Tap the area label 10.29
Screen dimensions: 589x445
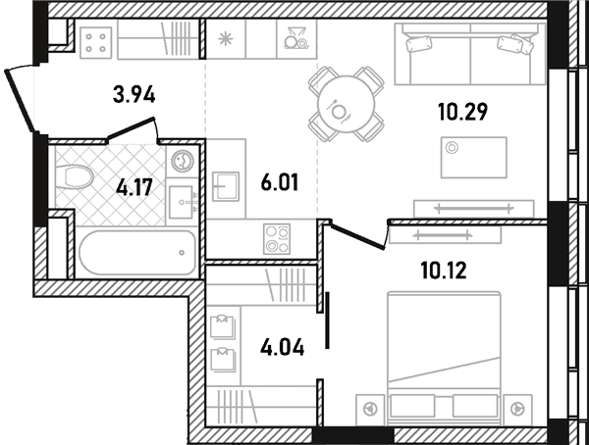(x=462, y=112)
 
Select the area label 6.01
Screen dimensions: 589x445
(x=280, y=182)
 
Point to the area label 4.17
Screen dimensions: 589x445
(x=134, y=187)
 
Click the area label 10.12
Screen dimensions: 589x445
(x=444, y=271)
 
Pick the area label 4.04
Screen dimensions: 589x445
(x=282, y=347)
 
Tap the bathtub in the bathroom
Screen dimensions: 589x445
(x=137, y=253)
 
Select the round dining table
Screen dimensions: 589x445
(x=346, y=104)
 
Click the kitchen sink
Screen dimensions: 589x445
(x=226, y=186)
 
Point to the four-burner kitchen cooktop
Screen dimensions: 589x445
(x=277, y=238)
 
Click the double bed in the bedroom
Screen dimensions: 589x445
(x=444, y=355)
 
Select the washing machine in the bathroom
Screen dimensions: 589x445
(x=182, y=161)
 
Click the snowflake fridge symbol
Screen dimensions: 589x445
(x=226, y=39)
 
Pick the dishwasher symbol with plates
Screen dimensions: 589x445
(x=296, y=39)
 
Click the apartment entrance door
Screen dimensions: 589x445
(x=21, y=100)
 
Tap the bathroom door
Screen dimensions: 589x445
(x=133, y=129)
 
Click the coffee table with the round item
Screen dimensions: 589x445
(x=474, y=157)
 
